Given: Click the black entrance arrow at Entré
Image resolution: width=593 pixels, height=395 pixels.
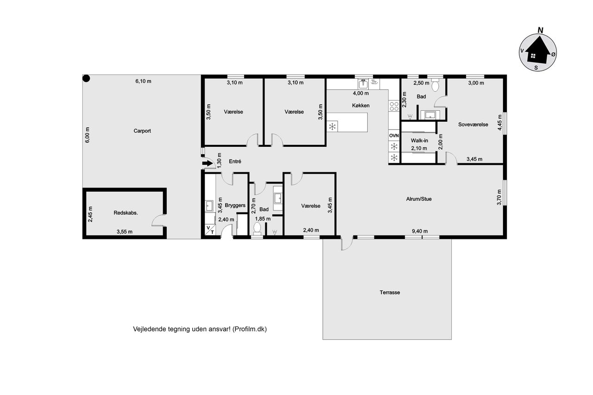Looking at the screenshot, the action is coord(208,163).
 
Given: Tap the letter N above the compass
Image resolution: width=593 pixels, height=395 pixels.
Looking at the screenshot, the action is coord(540,31).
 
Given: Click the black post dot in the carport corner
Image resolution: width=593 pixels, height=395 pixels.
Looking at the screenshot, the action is coord(86,78).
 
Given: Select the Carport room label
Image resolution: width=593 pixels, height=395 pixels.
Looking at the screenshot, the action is coord(142,131).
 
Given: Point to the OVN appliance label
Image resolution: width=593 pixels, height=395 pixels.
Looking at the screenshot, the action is coord(394,136).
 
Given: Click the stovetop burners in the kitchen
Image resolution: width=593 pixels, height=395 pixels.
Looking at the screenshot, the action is coord(394,106).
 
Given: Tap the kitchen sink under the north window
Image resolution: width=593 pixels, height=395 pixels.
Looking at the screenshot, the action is coord(363,84).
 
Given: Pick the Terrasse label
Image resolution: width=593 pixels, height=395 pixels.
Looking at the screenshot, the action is coord(390,292).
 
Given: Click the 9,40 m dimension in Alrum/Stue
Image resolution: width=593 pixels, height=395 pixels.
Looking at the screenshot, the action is coord(420,231).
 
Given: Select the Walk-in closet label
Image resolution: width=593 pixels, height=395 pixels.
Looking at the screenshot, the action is coord(419,140).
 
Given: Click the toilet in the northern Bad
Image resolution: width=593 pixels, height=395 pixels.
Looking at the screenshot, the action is coord(435,85).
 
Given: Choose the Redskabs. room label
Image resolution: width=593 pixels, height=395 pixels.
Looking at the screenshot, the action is coord(126,213).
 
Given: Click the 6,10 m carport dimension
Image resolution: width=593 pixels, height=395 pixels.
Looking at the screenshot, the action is coord(143,81).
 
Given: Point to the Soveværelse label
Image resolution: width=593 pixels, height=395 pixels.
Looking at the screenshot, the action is coord(473,125).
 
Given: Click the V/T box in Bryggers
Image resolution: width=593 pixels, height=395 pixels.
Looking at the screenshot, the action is coord(210,230).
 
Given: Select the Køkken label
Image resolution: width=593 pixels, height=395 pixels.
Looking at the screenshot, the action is coord(360,106).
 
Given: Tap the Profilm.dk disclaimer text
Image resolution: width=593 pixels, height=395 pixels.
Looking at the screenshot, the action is coord(200,329).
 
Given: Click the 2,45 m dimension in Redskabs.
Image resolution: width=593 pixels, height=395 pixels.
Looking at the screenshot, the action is coord(90,214).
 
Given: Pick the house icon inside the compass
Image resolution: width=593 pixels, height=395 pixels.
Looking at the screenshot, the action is coord(537,52).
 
